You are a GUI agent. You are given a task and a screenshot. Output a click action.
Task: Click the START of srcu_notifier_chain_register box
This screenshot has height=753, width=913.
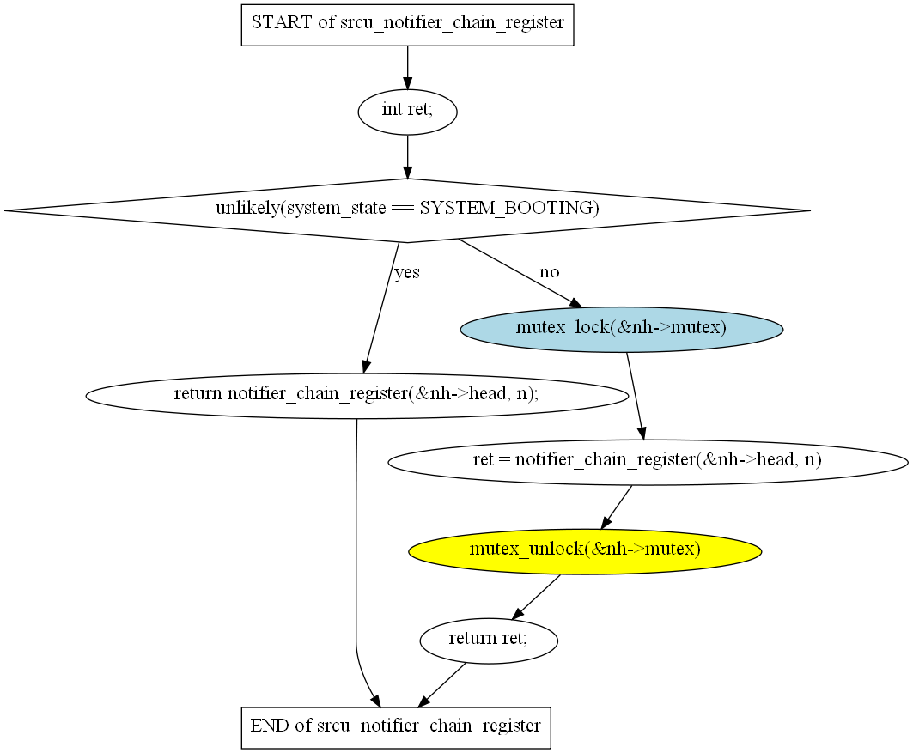(x=407, y=23)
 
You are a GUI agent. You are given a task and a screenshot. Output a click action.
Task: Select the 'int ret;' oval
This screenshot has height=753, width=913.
(x=407, y=111)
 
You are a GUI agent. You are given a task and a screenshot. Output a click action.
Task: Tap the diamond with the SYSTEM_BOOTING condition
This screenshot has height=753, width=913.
(x=407, y=210)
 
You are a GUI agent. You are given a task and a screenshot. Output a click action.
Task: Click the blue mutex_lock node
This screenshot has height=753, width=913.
(x=622, y=328)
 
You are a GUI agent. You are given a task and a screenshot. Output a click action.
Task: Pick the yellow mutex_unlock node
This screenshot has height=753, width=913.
(x=585, y=550)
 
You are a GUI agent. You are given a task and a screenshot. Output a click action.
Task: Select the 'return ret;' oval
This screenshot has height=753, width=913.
(x=489, y=639)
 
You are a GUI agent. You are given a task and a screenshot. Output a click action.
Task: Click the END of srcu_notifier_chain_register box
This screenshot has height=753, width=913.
(x=396, y=726)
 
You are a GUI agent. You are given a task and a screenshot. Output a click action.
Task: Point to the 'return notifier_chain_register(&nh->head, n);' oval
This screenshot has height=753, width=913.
(x=356, y=395)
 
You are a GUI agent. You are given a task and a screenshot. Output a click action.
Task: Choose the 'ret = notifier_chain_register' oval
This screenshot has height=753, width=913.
(x=648, y=460)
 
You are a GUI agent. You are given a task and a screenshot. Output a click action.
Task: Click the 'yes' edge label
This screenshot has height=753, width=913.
(x=407, y=273)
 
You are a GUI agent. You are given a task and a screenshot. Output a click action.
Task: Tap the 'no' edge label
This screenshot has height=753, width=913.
(x=549, y=272)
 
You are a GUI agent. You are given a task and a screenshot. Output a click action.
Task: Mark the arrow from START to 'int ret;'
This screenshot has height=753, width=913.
(x=407, y=67)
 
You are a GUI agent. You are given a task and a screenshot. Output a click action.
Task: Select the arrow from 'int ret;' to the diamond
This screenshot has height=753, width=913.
(x=407, y=156)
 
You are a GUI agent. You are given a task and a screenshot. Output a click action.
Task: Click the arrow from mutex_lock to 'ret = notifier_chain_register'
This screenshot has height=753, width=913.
(x=636, y=396)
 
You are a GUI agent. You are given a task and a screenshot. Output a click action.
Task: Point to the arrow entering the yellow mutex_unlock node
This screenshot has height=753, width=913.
(x=617, y=507)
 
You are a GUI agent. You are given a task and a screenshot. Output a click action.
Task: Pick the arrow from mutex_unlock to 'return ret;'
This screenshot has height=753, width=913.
(x=537, y=597)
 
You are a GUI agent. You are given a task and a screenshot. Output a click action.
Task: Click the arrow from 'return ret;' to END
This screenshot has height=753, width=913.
(x=442, y=685)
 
